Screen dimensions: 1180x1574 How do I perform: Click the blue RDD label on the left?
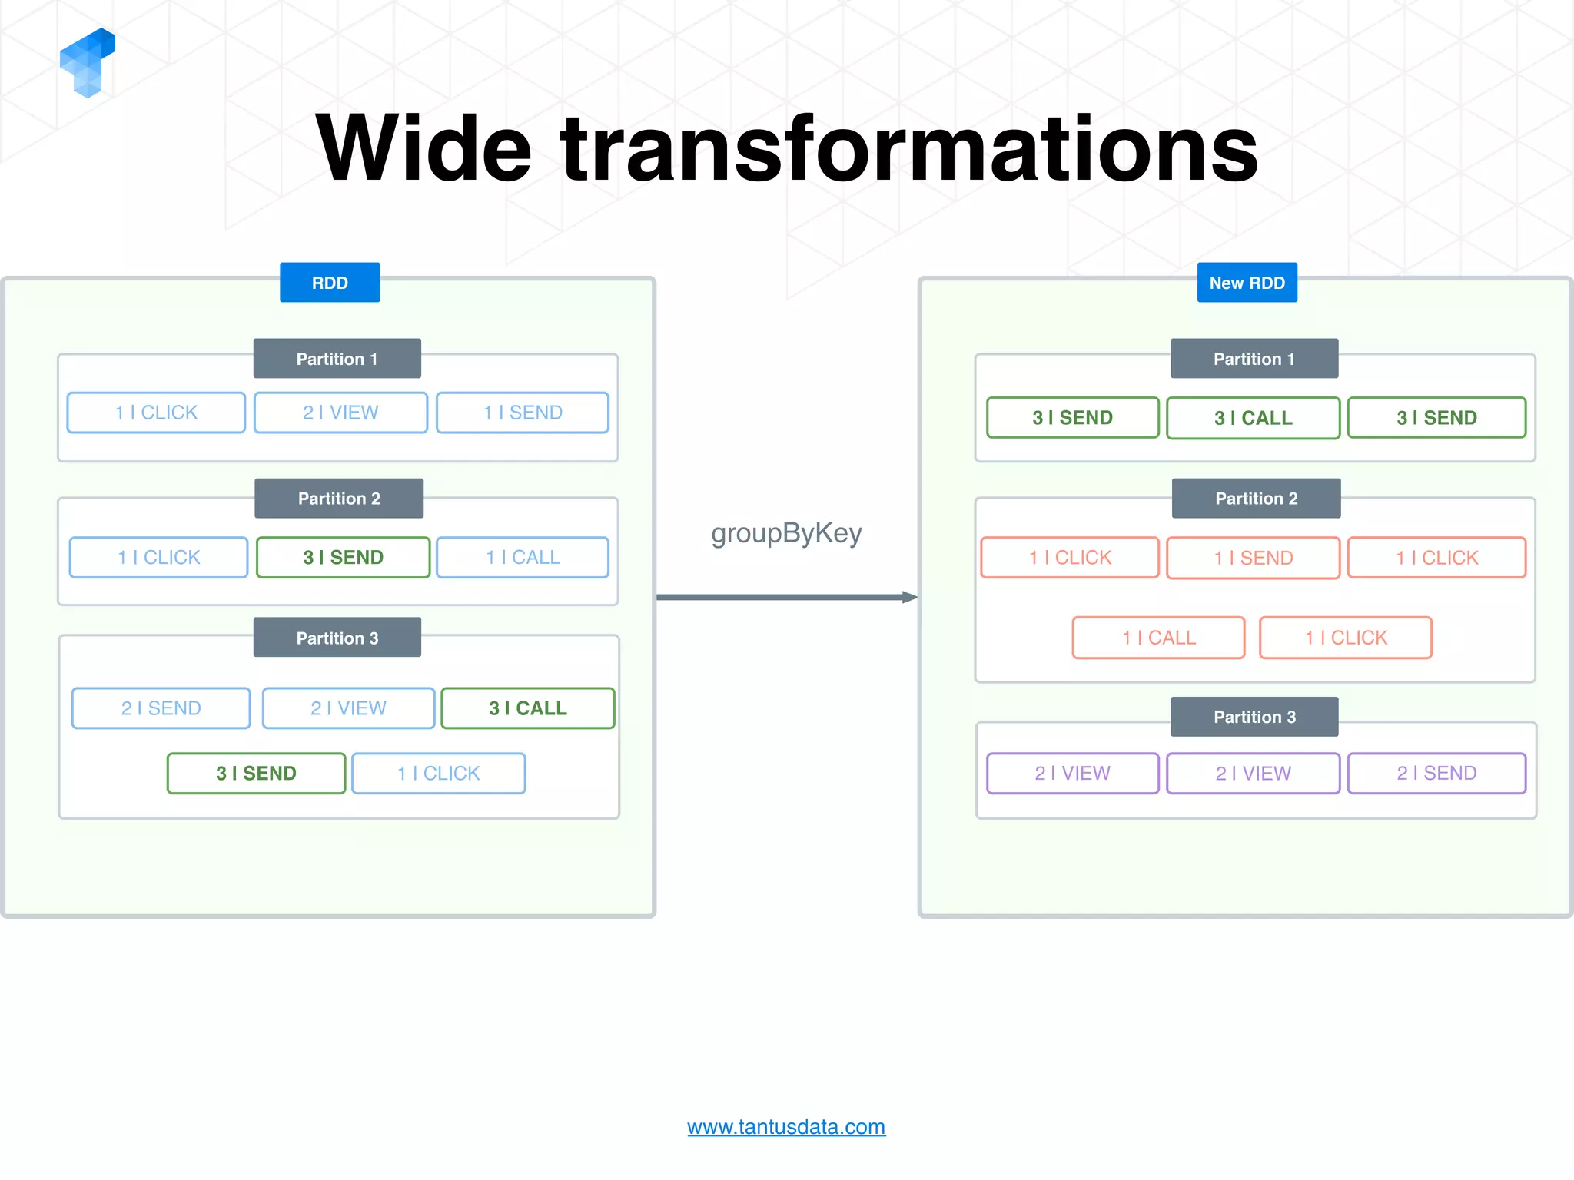[330, 282]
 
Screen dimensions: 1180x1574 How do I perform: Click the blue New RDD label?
[1247, 282]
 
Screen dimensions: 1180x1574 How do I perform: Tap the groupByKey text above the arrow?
[786, 532]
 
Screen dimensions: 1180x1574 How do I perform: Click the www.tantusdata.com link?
[785, 1126]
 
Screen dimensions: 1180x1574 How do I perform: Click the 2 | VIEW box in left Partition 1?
[340, 413]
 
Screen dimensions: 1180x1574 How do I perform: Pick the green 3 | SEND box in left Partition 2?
[343, 557]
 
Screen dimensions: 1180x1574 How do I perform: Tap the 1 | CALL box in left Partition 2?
[523, 557]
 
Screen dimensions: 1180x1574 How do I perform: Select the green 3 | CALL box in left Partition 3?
[528, 708]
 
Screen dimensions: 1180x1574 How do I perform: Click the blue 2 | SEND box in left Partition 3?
[161, 708]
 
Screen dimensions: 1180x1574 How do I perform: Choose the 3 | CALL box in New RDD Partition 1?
[1253, 417]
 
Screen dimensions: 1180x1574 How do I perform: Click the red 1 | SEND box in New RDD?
[1253, 557]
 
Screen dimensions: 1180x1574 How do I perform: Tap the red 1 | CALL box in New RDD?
[1158, 637]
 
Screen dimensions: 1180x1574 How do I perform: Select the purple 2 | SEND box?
[1436, 773]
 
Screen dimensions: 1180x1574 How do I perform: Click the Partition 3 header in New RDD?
[1254, 716]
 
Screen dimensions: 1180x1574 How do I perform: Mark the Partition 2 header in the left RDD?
[339, 498]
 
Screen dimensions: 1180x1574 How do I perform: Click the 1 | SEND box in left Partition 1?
[523, 413]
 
